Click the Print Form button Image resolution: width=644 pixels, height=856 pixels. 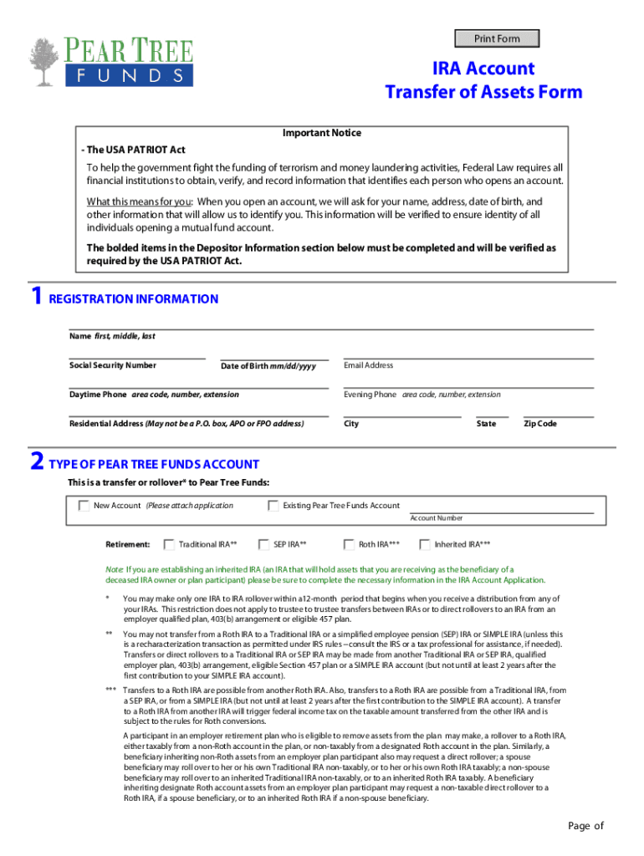(x=497, y=38)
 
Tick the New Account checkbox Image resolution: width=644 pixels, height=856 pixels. (x=84, y=505)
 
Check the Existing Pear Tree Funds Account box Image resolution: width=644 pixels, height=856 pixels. (x=273, y=505)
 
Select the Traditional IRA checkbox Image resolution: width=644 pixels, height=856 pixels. (x=169, y=544)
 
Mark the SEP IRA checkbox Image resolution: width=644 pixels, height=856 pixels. (x=264, y=544)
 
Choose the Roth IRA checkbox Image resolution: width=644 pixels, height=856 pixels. (x=350, y=544)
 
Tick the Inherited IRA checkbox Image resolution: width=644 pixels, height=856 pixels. (x=425, y=544)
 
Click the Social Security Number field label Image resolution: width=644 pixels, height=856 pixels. (x=112, y=365)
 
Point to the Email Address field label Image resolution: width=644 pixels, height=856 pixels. (x=368, y=365)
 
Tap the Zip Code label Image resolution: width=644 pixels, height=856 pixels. (x=539, y=424)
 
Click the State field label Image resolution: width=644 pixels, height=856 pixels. (x=486, y=424)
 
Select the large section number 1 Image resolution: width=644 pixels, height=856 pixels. (x=35, y=298)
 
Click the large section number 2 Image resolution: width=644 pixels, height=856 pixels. (x=36, y=462)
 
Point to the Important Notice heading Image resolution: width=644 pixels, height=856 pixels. (x=322, y=133)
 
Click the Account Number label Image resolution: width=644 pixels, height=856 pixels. (x=436, y=518)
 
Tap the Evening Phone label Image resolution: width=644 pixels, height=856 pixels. (x=370, y=395)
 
